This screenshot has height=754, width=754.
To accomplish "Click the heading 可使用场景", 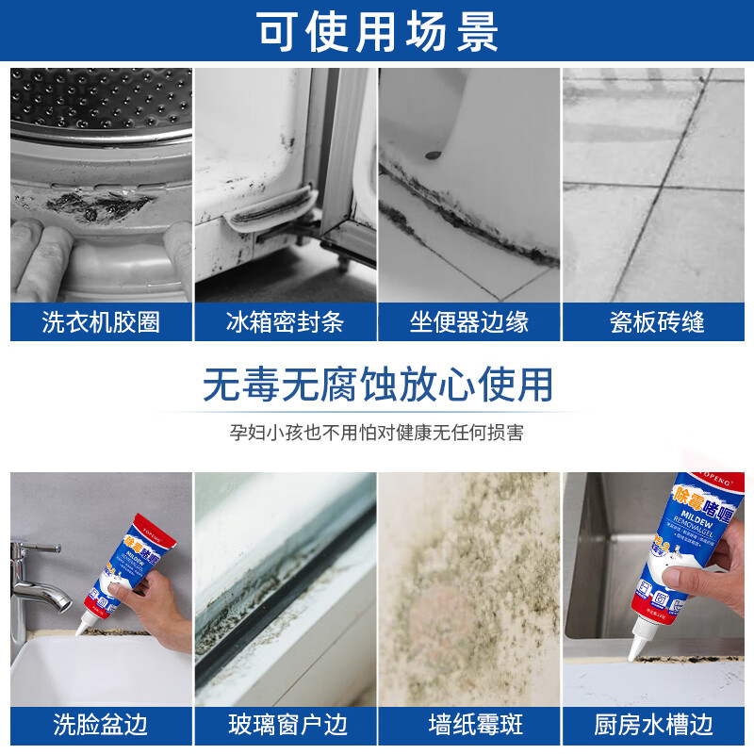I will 377,32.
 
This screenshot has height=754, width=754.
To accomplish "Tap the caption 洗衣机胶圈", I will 101,323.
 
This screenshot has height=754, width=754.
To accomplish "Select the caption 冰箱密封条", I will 285,323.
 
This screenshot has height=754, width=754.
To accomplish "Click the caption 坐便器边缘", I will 468,323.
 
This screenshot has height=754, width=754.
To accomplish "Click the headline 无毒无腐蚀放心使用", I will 377,385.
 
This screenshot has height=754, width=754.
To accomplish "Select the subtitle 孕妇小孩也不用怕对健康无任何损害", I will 377,433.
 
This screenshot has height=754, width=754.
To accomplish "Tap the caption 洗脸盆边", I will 101,724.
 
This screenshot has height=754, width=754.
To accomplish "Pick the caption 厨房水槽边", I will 653,724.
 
